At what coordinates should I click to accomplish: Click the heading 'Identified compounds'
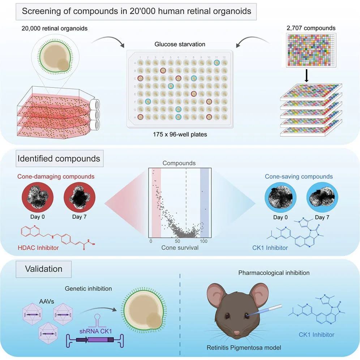(59, 159)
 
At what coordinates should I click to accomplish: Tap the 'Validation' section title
(44, 269)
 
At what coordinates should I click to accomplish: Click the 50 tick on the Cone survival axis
(177, 241)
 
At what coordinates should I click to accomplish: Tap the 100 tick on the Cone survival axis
(204, 241)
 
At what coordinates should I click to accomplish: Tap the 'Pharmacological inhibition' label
(274, 273)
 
